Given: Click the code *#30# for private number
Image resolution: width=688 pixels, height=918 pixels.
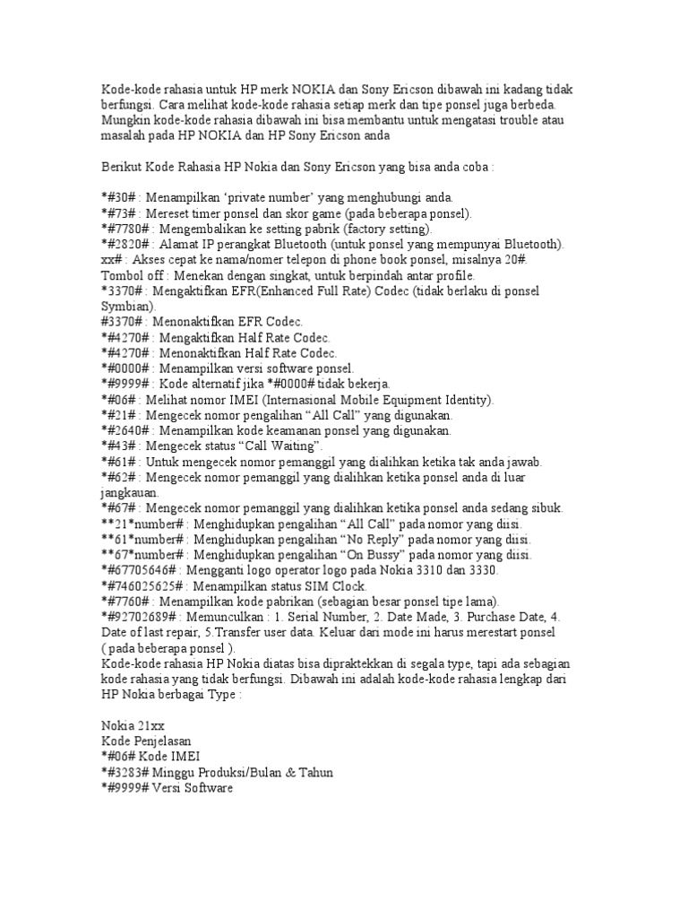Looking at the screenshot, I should tap(119, 196).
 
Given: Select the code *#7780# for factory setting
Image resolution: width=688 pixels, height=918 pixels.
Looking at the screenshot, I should tap(124, 229).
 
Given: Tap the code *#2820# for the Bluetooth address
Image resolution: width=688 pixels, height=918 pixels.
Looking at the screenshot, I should tap(124, 244).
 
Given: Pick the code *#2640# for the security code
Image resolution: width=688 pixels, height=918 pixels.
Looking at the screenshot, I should tap(124, 431).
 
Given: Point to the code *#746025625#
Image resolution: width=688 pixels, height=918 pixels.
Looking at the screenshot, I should tap(143, 586).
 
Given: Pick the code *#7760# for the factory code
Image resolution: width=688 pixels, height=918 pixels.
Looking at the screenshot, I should tap(124, 602).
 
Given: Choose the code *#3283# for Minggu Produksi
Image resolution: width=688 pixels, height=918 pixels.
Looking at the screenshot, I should tap(124, 773).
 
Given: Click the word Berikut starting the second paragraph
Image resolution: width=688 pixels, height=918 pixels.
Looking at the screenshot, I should tap(124, 167).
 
